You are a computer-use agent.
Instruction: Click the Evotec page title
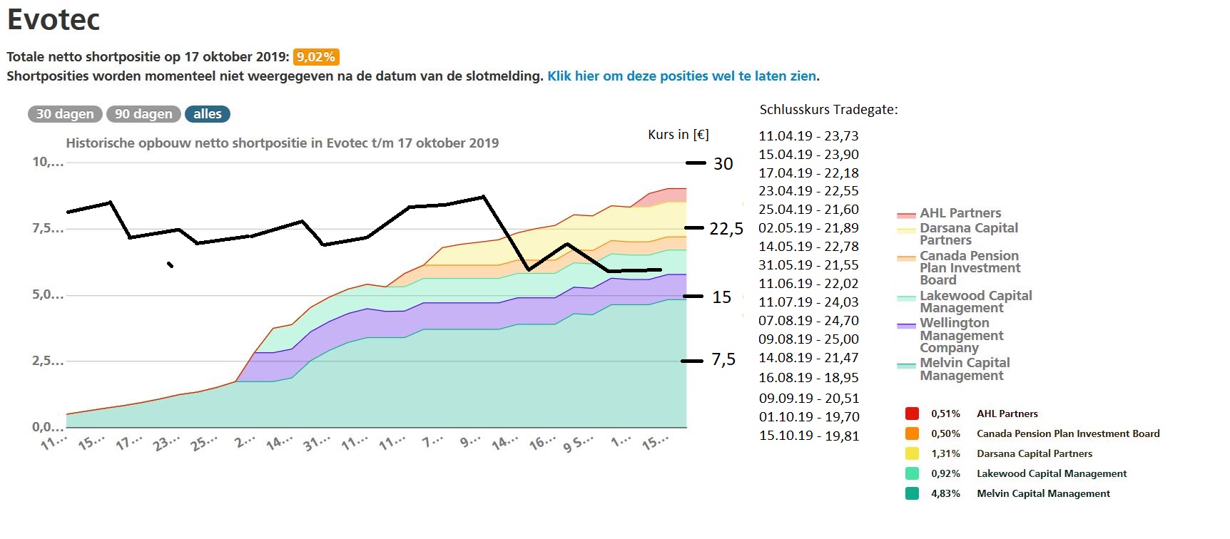(54, 19)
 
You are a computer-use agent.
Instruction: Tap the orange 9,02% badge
(316, 57)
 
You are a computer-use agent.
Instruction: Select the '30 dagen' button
(65, 114)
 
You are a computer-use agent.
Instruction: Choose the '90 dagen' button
(143, 114)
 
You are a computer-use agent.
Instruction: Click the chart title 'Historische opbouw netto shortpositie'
(282, 143)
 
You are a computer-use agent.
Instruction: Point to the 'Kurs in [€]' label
(678, 135)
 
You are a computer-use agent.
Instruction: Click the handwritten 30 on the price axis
(723, 164)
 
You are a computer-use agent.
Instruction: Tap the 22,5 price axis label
(726, 229)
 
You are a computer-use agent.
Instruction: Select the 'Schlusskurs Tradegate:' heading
(828, 110)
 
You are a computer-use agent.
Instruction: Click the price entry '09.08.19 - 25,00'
(808, 339)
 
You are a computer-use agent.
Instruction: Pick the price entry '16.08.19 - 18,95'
(808, 378)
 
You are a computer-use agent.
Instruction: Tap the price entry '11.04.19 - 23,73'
(808, 136)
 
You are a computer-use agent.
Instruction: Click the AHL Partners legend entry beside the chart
(960, 213)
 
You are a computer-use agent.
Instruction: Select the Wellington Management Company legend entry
(960, 335)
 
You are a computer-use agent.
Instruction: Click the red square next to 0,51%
(912, 414)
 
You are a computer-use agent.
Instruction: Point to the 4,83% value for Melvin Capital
(945, 493)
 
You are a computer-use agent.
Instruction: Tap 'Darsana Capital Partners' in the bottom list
(1034, 453)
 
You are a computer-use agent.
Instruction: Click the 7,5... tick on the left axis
(47, 229)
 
